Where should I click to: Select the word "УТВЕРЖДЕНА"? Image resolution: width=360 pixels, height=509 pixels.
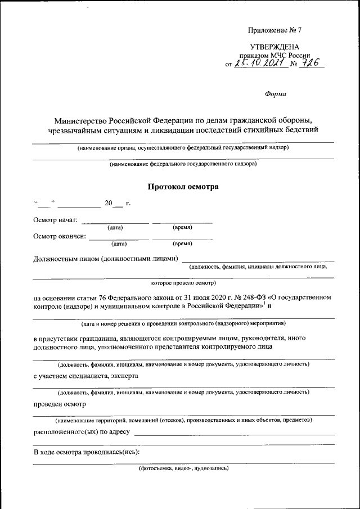(274, 47)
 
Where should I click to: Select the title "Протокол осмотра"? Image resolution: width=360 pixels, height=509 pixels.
(183, 186)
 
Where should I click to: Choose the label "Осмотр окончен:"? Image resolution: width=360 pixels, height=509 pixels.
(60, 236)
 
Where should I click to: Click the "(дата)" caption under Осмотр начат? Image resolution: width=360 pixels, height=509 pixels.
(115, 228)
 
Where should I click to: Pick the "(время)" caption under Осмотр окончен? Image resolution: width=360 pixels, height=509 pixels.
(182, 244)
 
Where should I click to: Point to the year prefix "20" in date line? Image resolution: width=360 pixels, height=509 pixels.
(108, 202)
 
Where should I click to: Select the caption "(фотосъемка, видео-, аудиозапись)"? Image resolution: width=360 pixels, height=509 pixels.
(183, 468)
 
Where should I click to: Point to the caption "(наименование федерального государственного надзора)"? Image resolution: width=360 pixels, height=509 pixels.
(183, 165)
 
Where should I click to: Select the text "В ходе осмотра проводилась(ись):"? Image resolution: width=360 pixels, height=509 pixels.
(86, 452)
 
